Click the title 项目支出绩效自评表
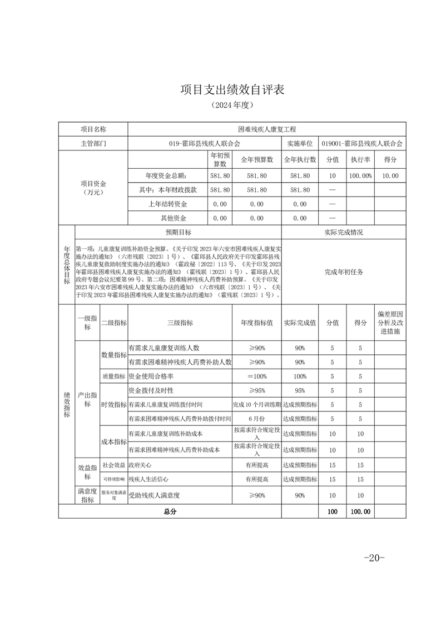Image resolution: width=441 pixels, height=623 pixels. [232, 90]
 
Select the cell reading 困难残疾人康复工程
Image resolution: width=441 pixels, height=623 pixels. [267, 129]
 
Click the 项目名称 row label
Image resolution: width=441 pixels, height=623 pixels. [93, 129]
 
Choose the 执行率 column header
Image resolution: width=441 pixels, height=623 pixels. [360, 159]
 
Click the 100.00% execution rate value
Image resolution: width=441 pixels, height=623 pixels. [360, 175]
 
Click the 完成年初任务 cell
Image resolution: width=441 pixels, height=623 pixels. [344, 272]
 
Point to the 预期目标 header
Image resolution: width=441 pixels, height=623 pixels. [178, 232]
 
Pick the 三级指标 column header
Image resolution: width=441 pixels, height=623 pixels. [180, 323]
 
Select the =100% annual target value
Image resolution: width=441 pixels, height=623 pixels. [257, 376]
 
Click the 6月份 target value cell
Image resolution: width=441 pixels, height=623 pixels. [257, 418]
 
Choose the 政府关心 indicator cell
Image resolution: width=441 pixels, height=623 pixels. [140, 465]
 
